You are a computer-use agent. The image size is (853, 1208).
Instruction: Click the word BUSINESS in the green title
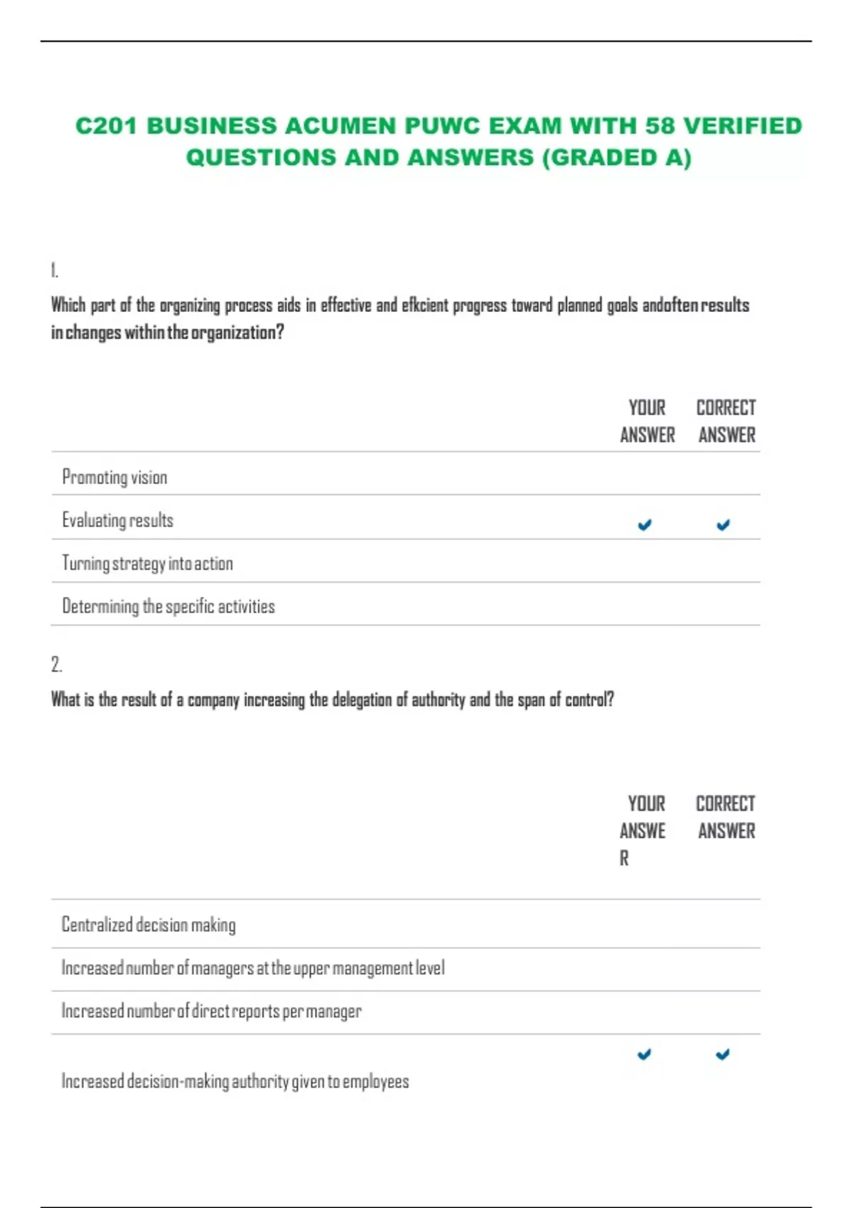(212, 126)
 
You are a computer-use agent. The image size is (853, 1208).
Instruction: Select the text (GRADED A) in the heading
(616, 157)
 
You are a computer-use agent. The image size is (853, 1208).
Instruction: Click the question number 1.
(55, 270)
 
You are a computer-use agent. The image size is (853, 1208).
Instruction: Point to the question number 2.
(57, 664)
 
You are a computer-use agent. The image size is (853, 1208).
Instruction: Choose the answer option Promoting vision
(115, 477)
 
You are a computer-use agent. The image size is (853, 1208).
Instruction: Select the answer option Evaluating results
(118, 520)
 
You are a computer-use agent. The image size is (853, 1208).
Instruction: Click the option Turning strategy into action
(148, 563)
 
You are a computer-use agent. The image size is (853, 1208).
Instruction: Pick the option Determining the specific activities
(168, 606)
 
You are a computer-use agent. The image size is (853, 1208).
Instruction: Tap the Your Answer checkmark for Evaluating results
(645, 525)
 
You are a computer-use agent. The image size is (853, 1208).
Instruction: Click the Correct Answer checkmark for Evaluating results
(723, 525)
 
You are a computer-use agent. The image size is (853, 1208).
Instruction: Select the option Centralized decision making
(149, 924)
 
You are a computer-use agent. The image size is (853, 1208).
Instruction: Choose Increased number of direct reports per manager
(211, 1010)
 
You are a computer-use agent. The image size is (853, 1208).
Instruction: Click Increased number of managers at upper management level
(253, 968)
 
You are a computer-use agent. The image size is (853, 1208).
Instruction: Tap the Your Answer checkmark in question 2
(644, 1055)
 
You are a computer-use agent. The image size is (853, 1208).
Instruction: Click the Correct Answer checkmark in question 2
(722, 1055)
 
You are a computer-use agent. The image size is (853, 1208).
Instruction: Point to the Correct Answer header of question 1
(726, 421)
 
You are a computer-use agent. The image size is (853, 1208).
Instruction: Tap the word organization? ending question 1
(237, 332)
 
